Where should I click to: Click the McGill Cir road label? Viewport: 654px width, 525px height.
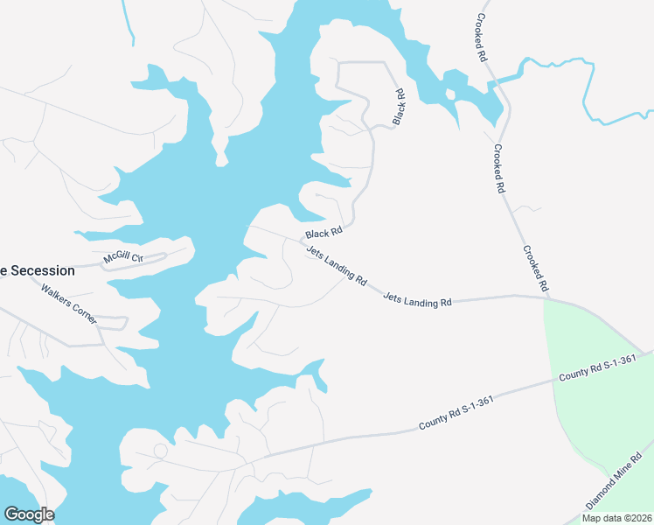[x=122, y=258]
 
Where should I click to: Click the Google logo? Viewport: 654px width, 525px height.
[x=29, y=514]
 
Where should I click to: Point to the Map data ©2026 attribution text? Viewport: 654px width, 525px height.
[x=617, y=518]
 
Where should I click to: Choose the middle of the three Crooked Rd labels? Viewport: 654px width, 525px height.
[x=499, y=168]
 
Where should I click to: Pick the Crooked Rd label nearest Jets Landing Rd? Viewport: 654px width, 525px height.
[x=535, y=268]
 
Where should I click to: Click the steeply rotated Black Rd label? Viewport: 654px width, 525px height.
[x=399, y=106]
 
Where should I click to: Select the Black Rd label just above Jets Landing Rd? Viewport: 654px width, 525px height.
[x=323, y=234]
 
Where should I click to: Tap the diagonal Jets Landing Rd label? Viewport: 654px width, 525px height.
[x=337, y=264]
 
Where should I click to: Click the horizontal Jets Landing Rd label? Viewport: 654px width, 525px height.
[x=417, y=300]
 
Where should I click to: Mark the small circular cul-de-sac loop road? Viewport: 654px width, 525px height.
[x=160, y=451]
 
